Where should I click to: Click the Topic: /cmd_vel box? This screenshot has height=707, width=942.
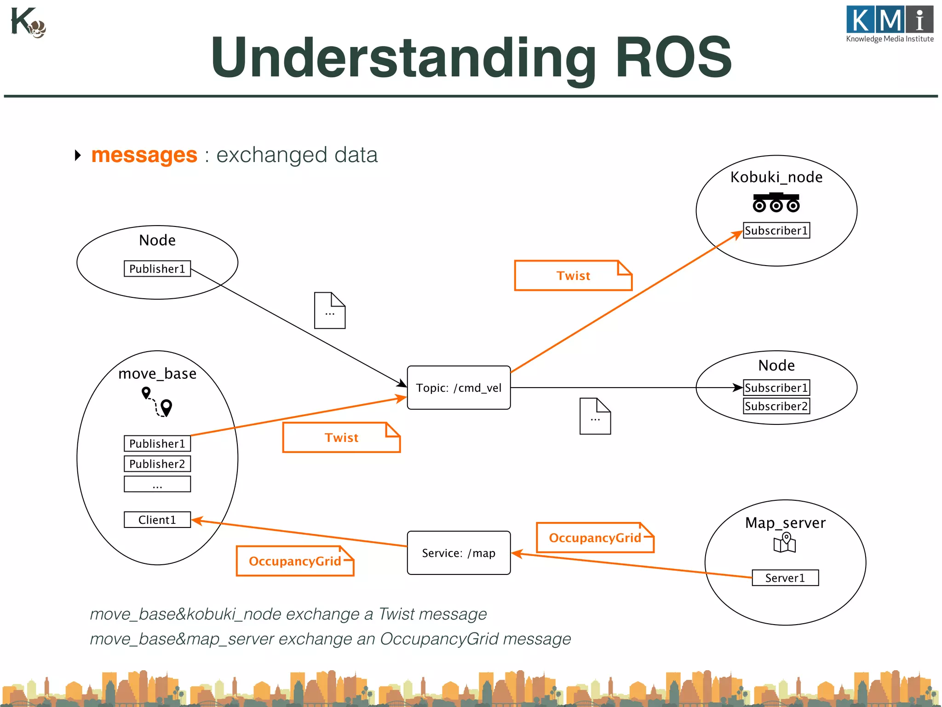tap(459, 388)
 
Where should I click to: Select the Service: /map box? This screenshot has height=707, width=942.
tap(459, 553)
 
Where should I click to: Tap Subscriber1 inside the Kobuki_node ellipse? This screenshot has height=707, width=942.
tap(776, 231)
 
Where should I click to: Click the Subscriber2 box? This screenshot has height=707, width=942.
tap(776, 406)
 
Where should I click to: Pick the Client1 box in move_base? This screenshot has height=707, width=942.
tap(157, 520)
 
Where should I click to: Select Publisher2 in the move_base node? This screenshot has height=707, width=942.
tap(157, 464)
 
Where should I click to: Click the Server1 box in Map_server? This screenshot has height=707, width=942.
tap(785, 578)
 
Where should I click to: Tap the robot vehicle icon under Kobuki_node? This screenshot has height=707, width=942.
tap(776, 203)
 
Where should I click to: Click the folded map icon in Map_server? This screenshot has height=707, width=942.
tap(785, 543)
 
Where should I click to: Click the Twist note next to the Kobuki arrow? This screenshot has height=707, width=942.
tap(573, 276)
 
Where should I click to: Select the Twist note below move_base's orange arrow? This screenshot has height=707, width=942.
tap(341, 437)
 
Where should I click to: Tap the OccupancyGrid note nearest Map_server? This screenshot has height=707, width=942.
tap(594, 538)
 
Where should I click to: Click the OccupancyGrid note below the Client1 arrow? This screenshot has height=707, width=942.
tap(294, 561)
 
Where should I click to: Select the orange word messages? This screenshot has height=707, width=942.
tap(144, 155)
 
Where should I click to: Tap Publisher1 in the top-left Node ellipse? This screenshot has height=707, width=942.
tap(157, 269)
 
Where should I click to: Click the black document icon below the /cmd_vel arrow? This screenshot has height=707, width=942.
tap(595, 416)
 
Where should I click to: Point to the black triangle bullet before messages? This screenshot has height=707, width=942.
tap(78, 155)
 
